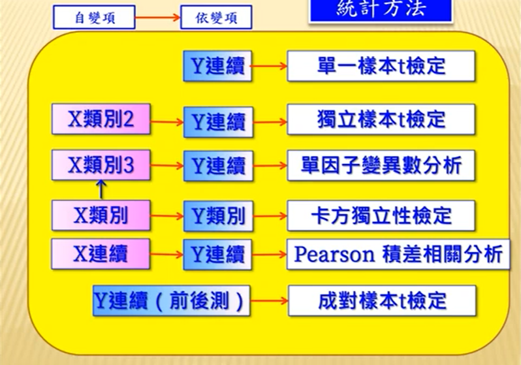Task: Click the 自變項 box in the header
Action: tap(94, 18)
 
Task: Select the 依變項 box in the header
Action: tap(216, 18)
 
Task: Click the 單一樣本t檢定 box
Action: tap(381, 66)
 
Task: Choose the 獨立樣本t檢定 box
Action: tap(381, 119)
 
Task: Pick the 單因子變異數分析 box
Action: tap(381, 165)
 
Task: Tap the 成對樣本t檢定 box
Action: tap(381, 300)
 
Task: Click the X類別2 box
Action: tap(101, 119)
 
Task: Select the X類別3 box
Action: tap(101, 165)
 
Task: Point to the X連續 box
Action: tap(101, 253)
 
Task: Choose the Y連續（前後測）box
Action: tap(172, 300)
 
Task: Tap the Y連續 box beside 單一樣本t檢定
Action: tap(217, 66)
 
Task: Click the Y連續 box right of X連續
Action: tap(217, 254)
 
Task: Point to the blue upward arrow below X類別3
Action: tap(101, 189)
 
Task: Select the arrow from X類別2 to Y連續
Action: tap(166, 121)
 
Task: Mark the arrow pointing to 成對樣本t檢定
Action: tap(269, 301)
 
